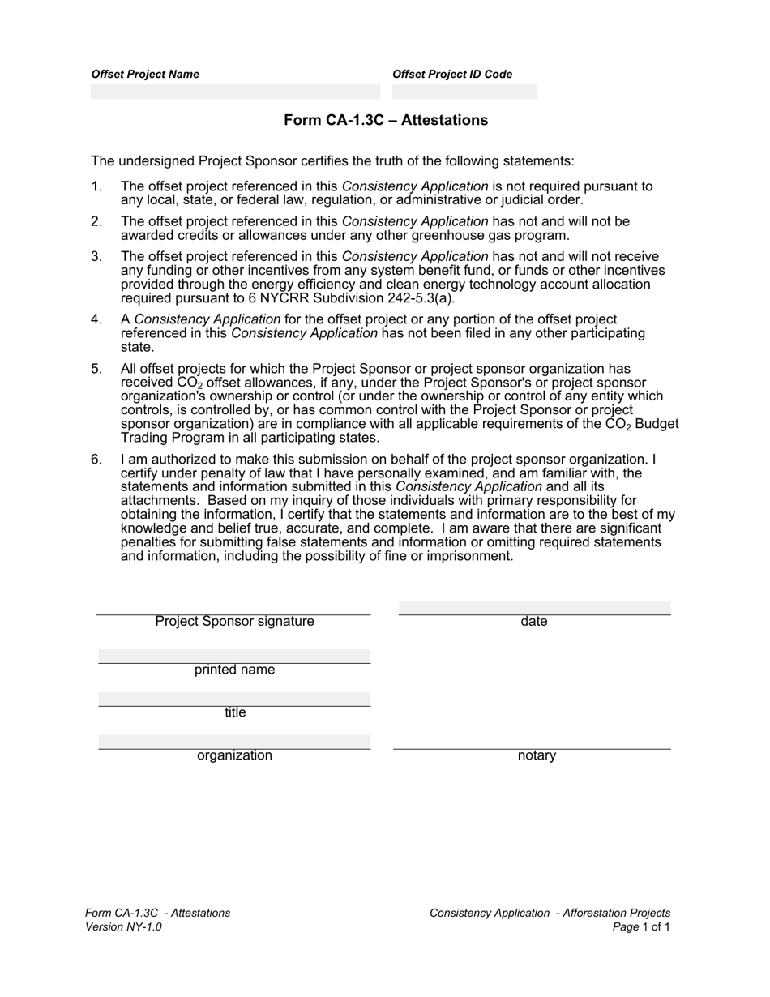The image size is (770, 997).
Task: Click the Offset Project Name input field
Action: click(235, 92)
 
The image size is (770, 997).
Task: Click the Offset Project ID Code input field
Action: click(464, 92)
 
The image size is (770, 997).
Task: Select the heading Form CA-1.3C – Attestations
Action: click(386, 121)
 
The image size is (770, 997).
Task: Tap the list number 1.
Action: click(96, 186)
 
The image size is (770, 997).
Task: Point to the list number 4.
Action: click(96, 319)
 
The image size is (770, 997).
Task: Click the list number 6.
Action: click(96, 460)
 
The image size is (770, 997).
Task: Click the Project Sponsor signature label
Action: click(234, 622)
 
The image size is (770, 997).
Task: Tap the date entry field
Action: click(535, 608)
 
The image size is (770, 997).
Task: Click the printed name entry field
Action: click(234, 656)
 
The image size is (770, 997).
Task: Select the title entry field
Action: click(234, 699)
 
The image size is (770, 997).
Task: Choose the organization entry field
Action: click(234, 742)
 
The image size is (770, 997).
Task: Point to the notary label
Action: click(537, 756)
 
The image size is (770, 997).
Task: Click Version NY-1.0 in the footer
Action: click(123, 926)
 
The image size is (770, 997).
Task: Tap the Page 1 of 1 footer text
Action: click(642, 926)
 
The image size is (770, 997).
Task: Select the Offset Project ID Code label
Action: click(452, 74)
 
